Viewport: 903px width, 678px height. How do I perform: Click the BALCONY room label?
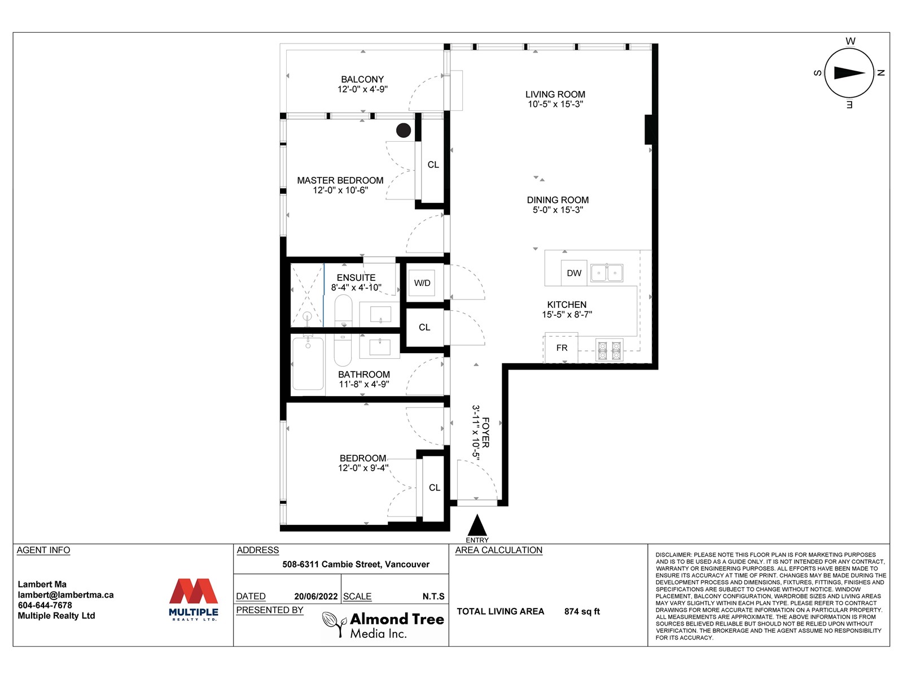coord(362,79)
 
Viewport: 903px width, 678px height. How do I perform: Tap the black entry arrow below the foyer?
coord(477,525)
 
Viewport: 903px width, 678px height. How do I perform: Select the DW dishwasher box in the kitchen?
coord(574,273)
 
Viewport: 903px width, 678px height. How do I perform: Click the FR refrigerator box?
coord(562,348)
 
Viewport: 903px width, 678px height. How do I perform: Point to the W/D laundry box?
coord(422,283)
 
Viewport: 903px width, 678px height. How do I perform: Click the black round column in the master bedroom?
coord(403,131)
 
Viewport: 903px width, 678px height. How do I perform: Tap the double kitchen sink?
coord(607,273)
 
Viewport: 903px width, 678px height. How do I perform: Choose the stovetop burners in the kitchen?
coord(610,350)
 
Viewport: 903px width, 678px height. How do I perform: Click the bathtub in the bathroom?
coord(308,363)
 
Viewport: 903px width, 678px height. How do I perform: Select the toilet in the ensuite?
coord(344,310)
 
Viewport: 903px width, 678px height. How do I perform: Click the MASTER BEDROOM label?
coord(340,180)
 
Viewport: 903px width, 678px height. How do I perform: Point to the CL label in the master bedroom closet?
coord(433,164)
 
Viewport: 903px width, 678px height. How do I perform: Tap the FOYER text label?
coord(485,432)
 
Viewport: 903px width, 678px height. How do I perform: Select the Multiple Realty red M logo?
coord(194,591)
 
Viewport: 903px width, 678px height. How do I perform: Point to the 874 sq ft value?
coord(582,611)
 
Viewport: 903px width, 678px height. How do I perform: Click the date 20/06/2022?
coord(315,596)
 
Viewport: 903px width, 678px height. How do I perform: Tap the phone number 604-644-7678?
coord(45,605)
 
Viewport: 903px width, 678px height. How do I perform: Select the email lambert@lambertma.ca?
coord(66,595)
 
